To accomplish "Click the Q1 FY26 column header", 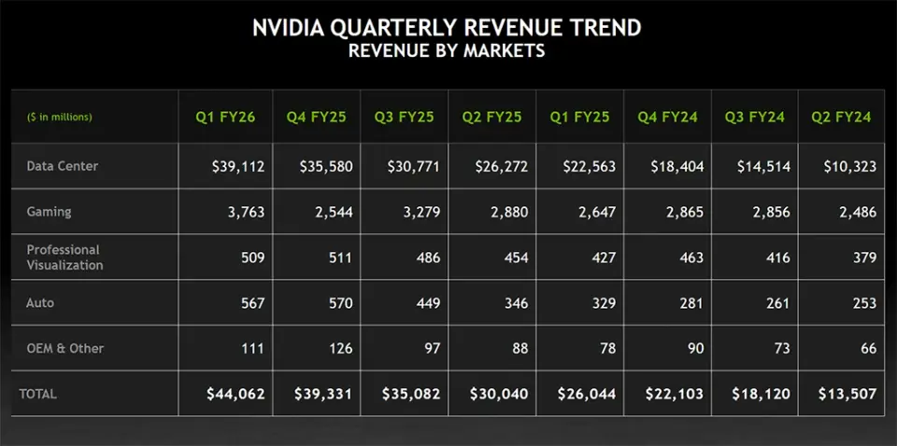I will click(x=225, y=117).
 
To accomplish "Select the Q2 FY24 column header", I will click(x=842, y=117).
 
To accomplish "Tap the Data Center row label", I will click(x=63, y=166).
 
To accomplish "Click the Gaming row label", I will click(x=49, y=212).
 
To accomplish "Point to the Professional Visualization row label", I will click(x=64, y=258).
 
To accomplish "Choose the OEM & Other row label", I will click(x=65, y=348).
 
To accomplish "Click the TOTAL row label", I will click(x=38, y=394).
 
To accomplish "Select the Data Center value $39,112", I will click(x=238, y=167).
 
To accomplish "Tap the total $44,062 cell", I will click(x=235, y=394).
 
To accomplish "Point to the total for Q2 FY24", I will click(x=847, y=394).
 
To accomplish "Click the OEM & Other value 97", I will click(x=429, y=348).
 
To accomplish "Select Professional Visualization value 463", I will click(x=691, y=258).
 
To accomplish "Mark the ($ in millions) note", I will click(x=60, y=117).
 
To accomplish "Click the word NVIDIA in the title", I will click(x=286, y=28).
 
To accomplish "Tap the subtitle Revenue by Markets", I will click(x=447, y=50).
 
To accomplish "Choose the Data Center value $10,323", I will click(x=850, y=167).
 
